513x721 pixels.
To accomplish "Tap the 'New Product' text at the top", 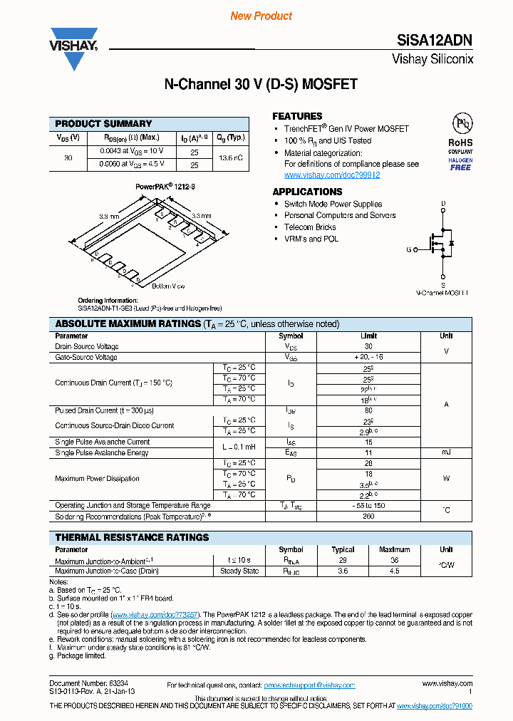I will (261, 16).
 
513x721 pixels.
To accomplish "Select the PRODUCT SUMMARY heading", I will (103, 124).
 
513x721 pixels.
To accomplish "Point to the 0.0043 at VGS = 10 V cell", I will (132, 151).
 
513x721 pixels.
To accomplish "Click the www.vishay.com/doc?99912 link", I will (331, 175).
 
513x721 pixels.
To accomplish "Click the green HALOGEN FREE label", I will (460, 165).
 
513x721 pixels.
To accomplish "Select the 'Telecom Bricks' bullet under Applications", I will (310, 227).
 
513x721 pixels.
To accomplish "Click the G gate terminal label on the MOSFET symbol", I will (409, 250).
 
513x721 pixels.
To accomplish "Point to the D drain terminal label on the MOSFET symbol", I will (443, 204).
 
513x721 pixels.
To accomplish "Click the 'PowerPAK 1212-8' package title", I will (165, 186).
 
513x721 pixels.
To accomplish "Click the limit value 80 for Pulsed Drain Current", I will (369, 410).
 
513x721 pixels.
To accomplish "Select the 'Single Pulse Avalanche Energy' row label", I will (102, 452).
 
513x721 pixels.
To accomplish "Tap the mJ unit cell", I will (446, 452).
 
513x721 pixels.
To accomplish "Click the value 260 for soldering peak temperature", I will (369, 516).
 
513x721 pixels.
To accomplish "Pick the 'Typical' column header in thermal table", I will (343, 550).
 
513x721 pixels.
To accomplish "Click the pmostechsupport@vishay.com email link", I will (309, 685).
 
